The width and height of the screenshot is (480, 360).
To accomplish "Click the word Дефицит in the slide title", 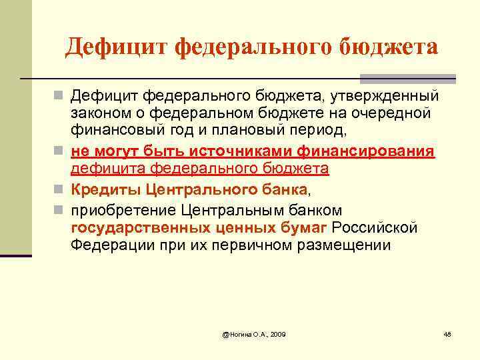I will [116, 47].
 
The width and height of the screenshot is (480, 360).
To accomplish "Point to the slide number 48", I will [447, 333].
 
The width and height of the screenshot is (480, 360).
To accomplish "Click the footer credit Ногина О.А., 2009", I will [254, 333].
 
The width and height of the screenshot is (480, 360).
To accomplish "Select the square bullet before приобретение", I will [61, 211].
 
